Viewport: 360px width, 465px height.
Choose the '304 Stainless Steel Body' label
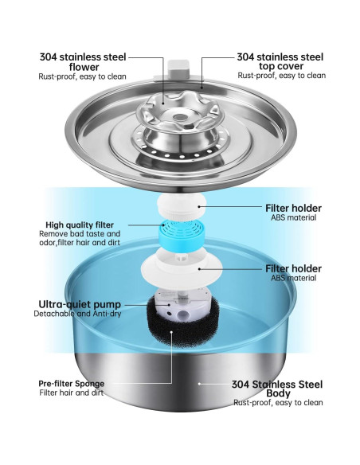tap(279, 387)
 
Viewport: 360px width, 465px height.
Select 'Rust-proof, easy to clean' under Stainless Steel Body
tap(279, 403)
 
